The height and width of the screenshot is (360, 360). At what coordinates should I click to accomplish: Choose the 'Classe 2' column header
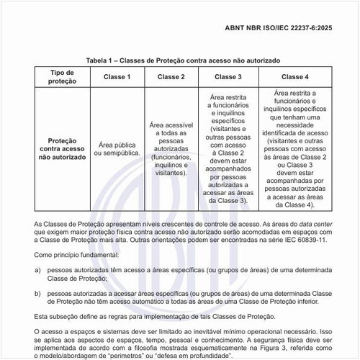[171, 77]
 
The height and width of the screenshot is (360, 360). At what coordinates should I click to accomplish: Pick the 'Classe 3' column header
[228, 77]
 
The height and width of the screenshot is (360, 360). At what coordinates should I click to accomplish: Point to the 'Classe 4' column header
[295, 77]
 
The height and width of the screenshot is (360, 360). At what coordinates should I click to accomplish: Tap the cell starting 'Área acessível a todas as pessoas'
[171, 148]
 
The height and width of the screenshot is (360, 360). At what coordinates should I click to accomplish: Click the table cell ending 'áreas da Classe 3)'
[228, 148]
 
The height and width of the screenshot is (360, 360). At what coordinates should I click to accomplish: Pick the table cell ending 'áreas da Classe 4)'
[295, 148]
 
